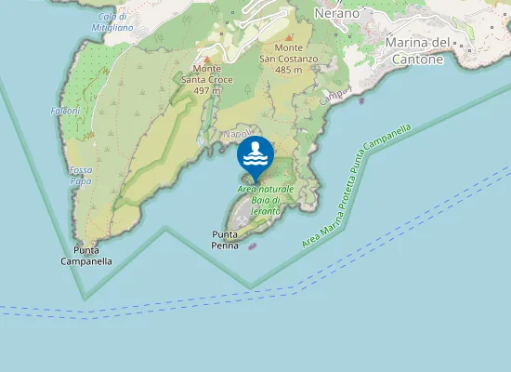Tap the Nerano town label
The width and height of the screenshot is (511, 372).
pyautogui.click(x=336, y=13)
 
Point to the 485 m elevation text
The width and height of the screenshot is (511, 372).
pyautogui.click(x=290, y=70)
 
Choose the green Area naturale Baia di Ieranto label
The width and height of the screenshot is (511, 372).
pyautogui.click(x=266, y=200)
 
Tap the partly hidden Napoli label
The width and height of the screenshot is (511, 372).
pyautogui.click(x=235, y=134)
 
